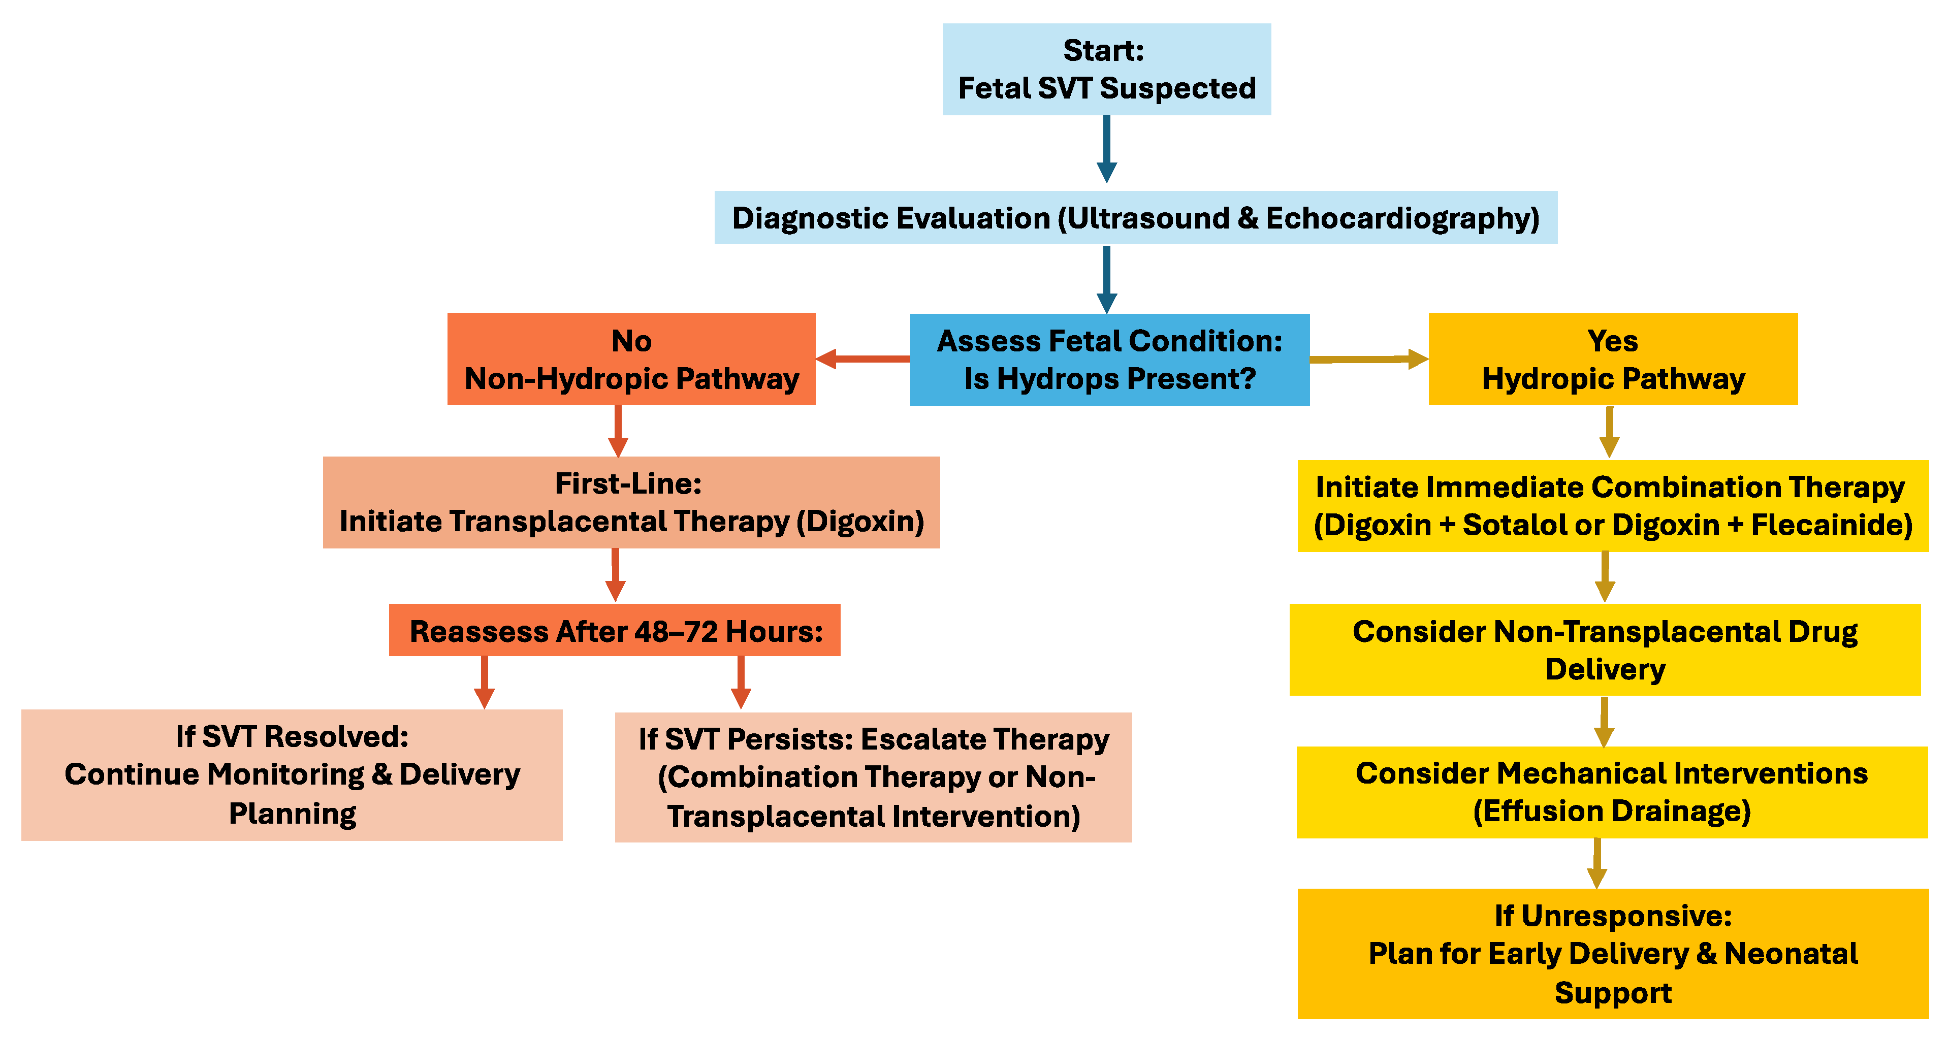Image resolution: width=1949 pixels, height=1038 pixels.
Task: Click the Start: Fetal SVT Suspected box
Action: pyautogui.click(x=1106, y=69)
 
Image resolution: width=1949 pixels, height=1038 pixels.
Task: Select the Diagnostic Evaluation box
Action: pyautogui.click(x=1135, y=217)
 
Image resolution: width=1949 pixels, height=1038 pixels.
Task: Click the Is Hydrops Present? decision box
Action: pyautogui.click(x=1109, y=360)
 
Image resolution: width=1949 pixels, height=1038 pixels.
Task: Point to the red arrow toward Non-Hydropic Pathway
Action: pyautogui.click(x=862, y=359)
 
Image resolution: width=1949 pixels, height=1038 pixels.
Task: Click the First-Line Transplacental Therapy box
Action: pyautogui.click(x=631, y=502)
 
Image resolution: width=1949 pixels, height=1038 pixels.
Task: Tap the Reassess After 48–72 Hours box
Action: pyautogui.click(x=614, y=630)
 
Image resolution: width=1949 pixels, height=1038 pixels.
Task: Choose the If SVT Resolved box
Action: pyautogui.click(x=292, y=775)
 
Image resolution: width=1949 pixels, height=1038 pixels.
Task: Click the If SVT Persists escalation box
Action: pyautogui.click(x=873, y=777)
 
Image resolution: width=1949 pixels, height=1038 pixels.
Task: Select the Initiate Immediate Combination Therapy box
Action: pyautogui.click(x=1612, y=505)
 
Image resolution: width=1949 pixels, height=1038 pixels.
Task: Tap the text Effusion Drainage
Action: pyautogui.click(x=1612, y=811)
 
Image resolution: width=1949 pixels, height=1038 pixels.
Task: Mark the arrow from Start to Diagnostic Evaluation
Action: pyautogui.click(x=1106, y=149)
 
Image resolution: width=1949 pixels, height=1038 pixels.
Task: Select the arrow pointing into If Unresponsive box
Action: pyautogui.click(x=1596, y=863)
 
